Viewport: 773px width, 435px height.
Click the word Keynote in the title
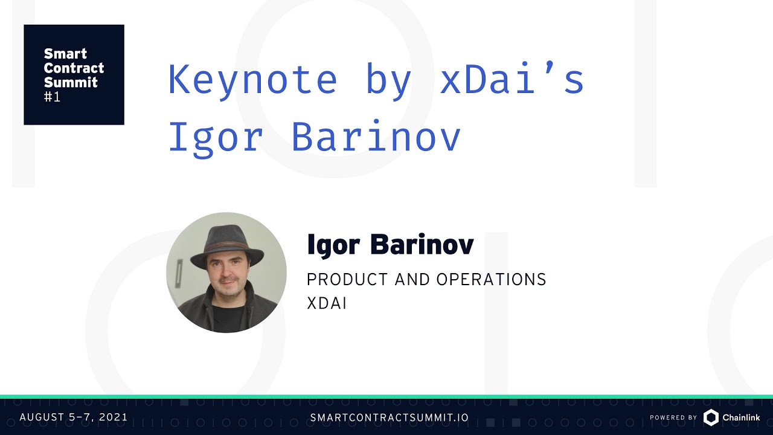click(x=252, y=79)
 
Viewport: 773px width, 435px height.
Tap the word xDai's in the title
click(x=512, y=79)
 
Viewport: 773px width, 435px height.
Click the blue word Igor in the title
click(x=215, y=138)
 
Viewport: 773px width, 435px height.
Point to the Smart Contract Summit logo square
click(x=74, y=74)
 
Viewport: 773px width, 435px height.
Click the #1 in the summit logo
click(x=52, y=97)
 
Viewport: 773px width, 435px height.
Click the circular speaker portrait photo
click(x=226, y=272)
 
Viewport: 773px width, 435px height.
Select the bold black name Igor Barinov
click(x=390, y=245)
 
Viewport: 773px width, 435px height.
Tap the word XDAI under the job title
click(x=327, y=303)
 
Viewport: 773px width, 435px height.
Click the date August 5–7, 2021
click(x=74, y=417)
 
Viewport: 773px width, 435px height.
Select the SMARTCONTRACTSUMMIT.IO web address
click(x=390, y=417)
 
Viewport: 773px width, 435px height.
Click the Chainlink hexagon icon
click(x=711, y=417)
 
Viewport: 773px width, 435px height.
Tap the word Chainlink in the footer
click(x=741, y=417)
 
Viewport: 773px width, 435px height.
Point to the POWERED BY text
click(x=673, y=417)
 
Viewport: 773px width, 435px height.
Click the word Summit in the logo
click(x=71, y=82)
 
